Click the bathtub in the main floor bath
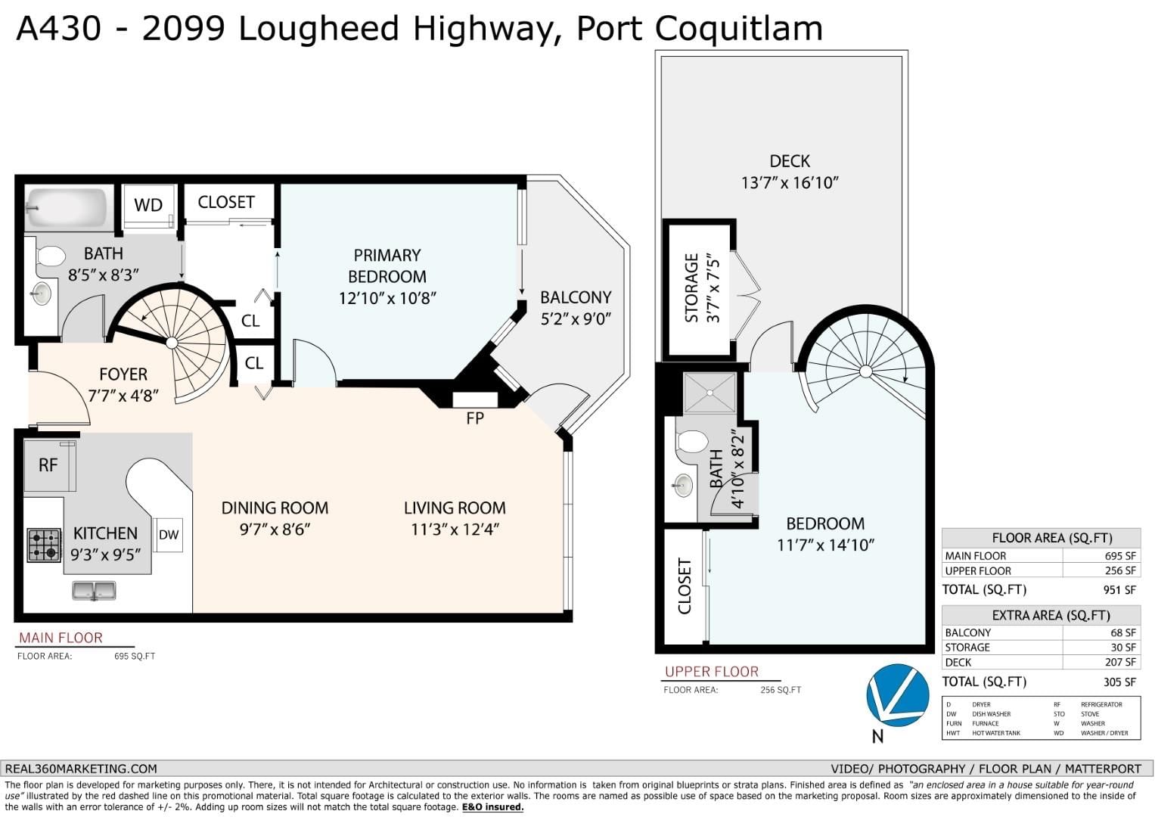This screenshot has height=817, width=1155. point(67,208)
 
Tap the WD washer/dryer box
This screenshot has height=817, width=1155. point(148,205)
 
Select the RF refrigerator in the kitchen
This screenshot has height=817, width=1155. point(49,466)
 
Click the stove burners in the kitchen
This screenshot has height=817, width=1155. point(44,545)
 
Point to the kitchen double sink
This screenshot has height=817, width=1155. point(94,591)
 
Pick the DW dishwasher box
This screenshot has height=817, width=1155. point(168,535)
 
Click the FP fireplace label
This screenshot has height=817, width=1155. point(475,418)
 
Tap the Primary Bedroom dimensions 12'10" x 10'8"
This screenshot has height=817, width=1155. point(388,298)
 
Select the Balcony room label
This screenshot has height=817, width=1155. point(576,297)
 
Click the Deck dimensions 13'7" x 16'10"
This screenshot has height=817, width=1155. point(790,182)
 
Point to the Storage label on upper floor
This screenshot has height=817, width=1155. point(691,287)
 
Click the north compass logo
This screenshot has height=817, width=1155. point(898,695)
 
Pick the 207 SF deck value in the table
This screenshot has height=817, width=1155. point(1120,662)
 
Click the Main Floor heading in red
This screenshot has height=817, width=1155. point(61,638)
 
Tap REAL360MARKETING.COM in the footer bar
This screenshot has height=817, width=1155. point(81,769)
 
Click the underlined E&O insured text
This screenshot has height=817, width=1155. point(492,807)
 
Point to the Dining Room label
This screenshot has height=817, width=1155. point(275,508)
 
